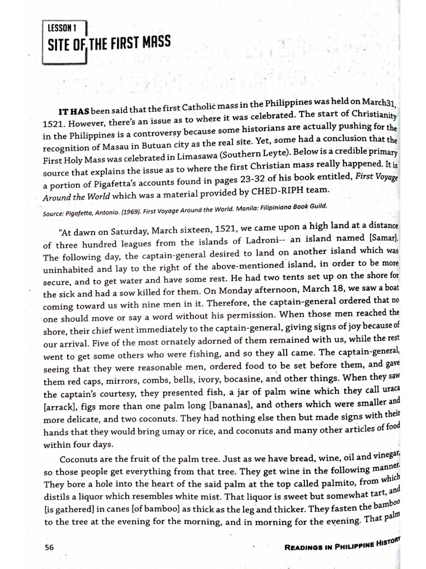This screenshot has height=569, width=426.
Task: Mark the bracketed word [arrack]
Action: tap(62, 408)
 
